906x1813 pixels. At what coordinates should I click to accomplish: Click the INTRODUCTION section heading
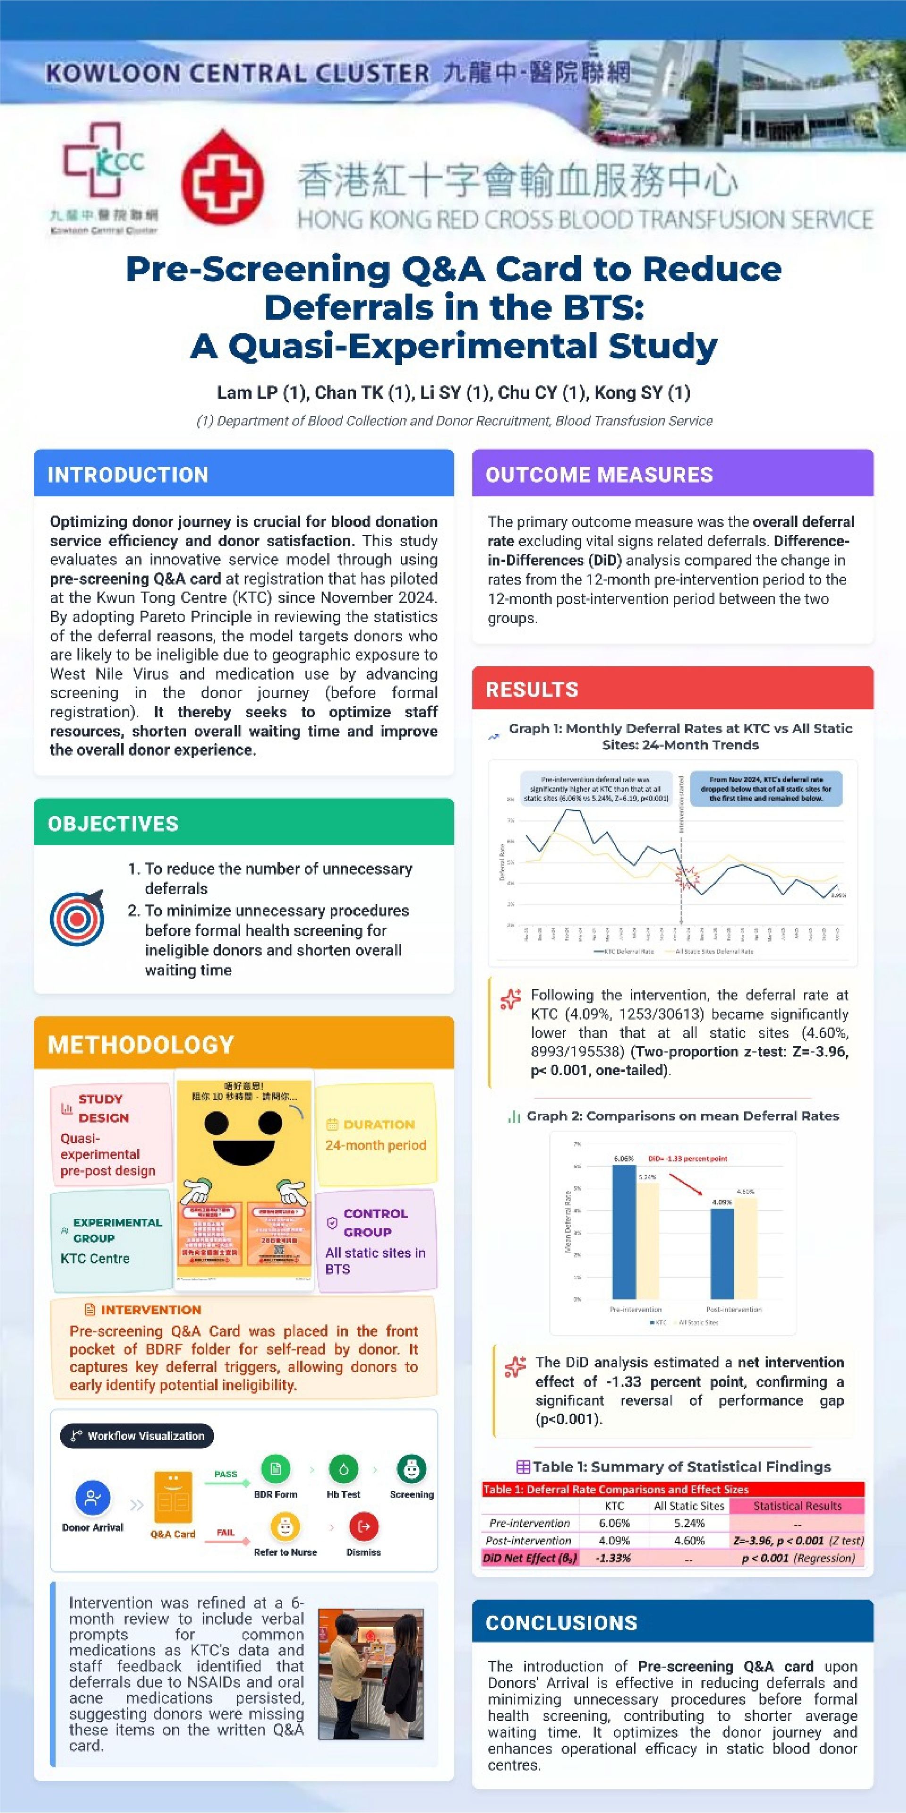128,474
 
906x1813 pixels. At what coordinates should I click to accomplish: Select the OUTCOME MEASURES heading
599,474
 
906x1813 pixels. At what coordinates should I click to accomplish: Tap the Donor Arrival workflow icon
92,1497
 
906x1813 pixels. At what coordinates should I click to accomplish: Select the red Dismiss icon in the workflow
364,1526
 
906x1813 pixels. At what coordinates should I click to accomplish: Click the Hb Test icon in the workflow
343,1469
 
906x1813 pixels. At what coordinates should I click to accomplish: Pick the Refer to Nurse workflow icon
285,1526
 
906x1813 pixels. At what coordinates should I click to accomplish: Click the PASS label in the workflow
226,1474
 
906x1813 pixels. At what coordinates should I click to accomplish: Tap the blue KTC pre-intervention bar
623,1232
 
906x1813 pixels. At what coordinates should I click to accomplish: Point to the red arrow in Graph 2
686,1184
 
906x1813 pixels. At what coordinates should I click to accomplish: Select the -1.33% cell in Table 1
613,1558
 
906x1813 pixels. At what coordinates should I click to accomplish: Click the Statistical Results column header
797,1506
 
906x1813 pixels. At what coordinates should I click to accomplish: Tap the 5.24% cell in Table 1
688,1523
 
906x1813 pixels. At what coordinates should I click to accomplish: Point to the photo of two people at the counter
371,1673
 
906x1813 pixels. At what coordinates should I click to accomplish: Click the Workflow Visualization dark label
137,1436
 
